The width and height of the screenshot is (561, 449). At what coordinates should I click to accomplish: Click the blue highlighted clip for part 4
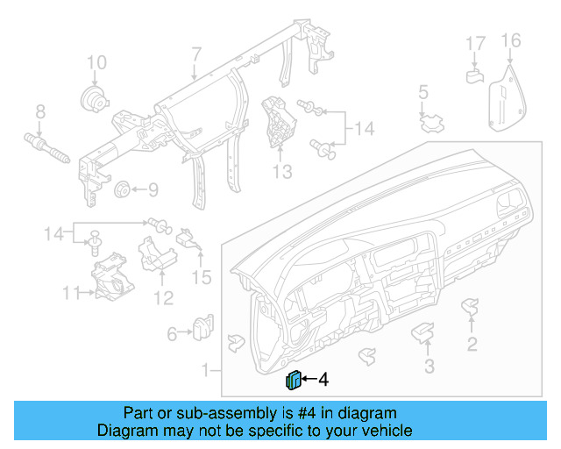[x=294, y=380]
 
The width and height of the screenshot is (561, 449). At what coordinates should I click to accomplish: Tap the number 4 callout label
[x=323, y=380]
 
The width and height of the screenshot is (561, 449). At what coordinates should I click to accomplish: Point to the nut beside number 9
[x=122, y=189]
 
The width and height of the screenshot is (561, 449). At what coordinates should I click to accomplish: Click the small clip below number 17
[x=473, y=76]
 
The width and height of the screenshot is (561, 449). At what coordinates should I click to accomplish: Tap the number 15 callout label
[x=202, y=278]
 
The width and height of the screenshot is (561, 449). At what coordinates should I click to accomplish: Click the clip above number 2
[x=472, y=307]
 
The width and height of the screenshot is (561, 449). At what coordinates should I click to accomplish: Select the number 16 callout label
[x=510, y=40]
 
